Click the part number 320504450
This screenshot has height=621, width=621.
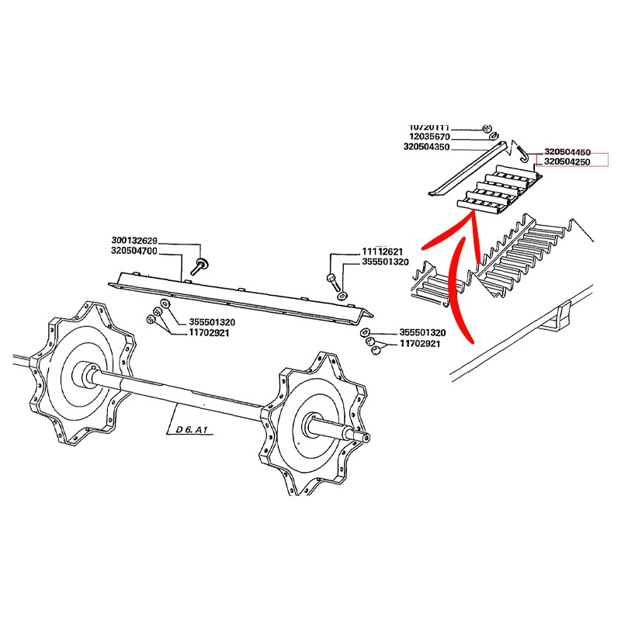click(567, 153)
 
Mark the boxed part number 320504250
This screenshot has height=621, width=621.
click(567, 162)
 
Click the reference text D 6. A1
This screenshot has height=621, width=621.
click(190, 428)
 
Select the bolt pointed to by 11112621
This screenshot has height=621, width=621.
click(332, 279)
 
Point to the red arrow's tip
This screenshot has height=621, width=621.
click(469, 220)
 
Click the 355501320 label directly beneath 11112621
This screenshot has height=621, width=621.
click(386, 262)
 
